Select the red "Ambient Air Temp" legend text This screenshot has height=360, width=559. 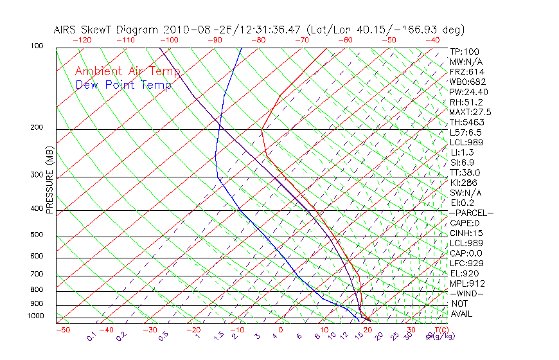pyautogui.click(x=127, y=72)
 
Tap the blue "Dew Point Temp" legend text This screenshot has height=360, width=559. pyautogui.click(x=123, y=85)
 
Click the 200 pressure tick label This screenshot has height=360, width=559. pyautogui.click(x=37, y=128)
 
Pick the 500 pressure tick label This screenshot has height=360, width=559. pyautogui.click(x=37, y=235)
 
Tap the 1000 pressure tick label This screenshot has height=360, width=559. pyautogui.click(x=35, y=316)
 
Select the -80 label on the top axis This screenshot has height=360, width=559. pyautogui.click(x=257, y=40)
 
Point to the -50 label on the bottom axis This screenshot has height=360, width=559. pyautogui.click(x=62, y=330)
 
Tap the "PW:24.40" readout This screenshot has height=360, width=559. pyautogui.click(x=467, y=92)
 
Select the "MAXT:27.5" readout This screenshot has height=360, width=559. pyautogui.click(x=470, y=112)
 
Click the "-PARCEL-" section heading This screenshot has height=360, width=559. pyautogui.click(x=471, y=213)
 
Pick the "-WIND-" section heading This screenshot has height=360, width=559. pyautogui.click(x=467, y=293)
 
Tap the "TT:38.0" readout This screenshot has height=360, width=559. pyautogui.click(x=465, y=172)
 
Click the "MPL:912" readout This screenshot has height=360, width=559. pyautogui.click(x=467, y=283)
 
